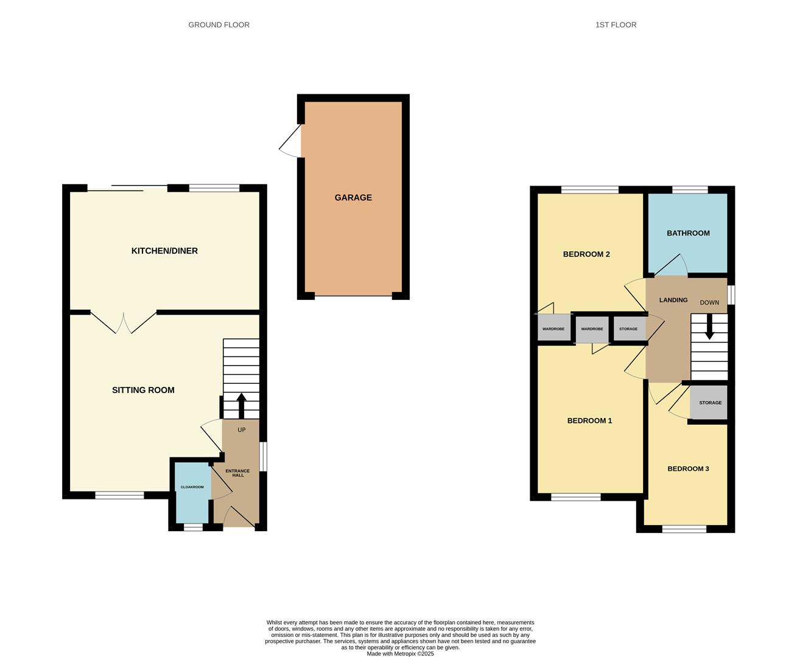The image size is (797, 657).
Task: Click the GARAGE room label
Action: click(353, 198)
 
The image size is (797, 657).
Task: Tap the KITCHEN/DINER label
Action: click(164, 251)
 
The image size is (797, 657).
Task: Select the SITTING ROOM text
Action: click(143, 390)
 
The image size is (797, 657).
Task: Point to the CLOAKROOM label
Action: click(192, 487)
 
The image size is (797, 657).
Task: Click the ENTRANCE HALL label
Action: click(237, 473)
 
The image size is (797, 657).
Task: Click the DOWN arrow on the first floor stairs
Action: click(709, 327)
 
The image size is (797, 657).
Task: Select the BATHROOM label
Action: click(688, 233)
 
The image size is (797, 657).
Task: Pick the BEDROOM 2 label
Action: click(586, 254)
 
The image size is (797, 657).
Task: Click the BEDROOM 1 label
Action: click(589, 420)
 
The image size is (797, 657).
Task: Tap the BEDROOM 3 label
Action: click(688, 468)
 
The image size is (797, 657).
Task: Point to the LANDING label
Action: click(673, 300)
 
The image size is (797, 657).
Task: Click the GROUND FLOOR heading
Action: click(219, 25)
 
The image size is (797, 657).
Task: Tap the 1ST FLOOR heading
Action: click(616, 25)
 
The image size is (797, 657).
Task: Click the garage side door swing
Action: click(290, 141)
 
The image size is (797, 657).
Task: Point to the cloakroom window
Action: click(193, 527)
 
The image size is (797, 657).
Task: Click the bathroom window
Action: click(690, 190)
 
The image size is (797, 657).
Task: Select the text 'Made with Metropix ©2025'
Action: click(400, 653)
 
